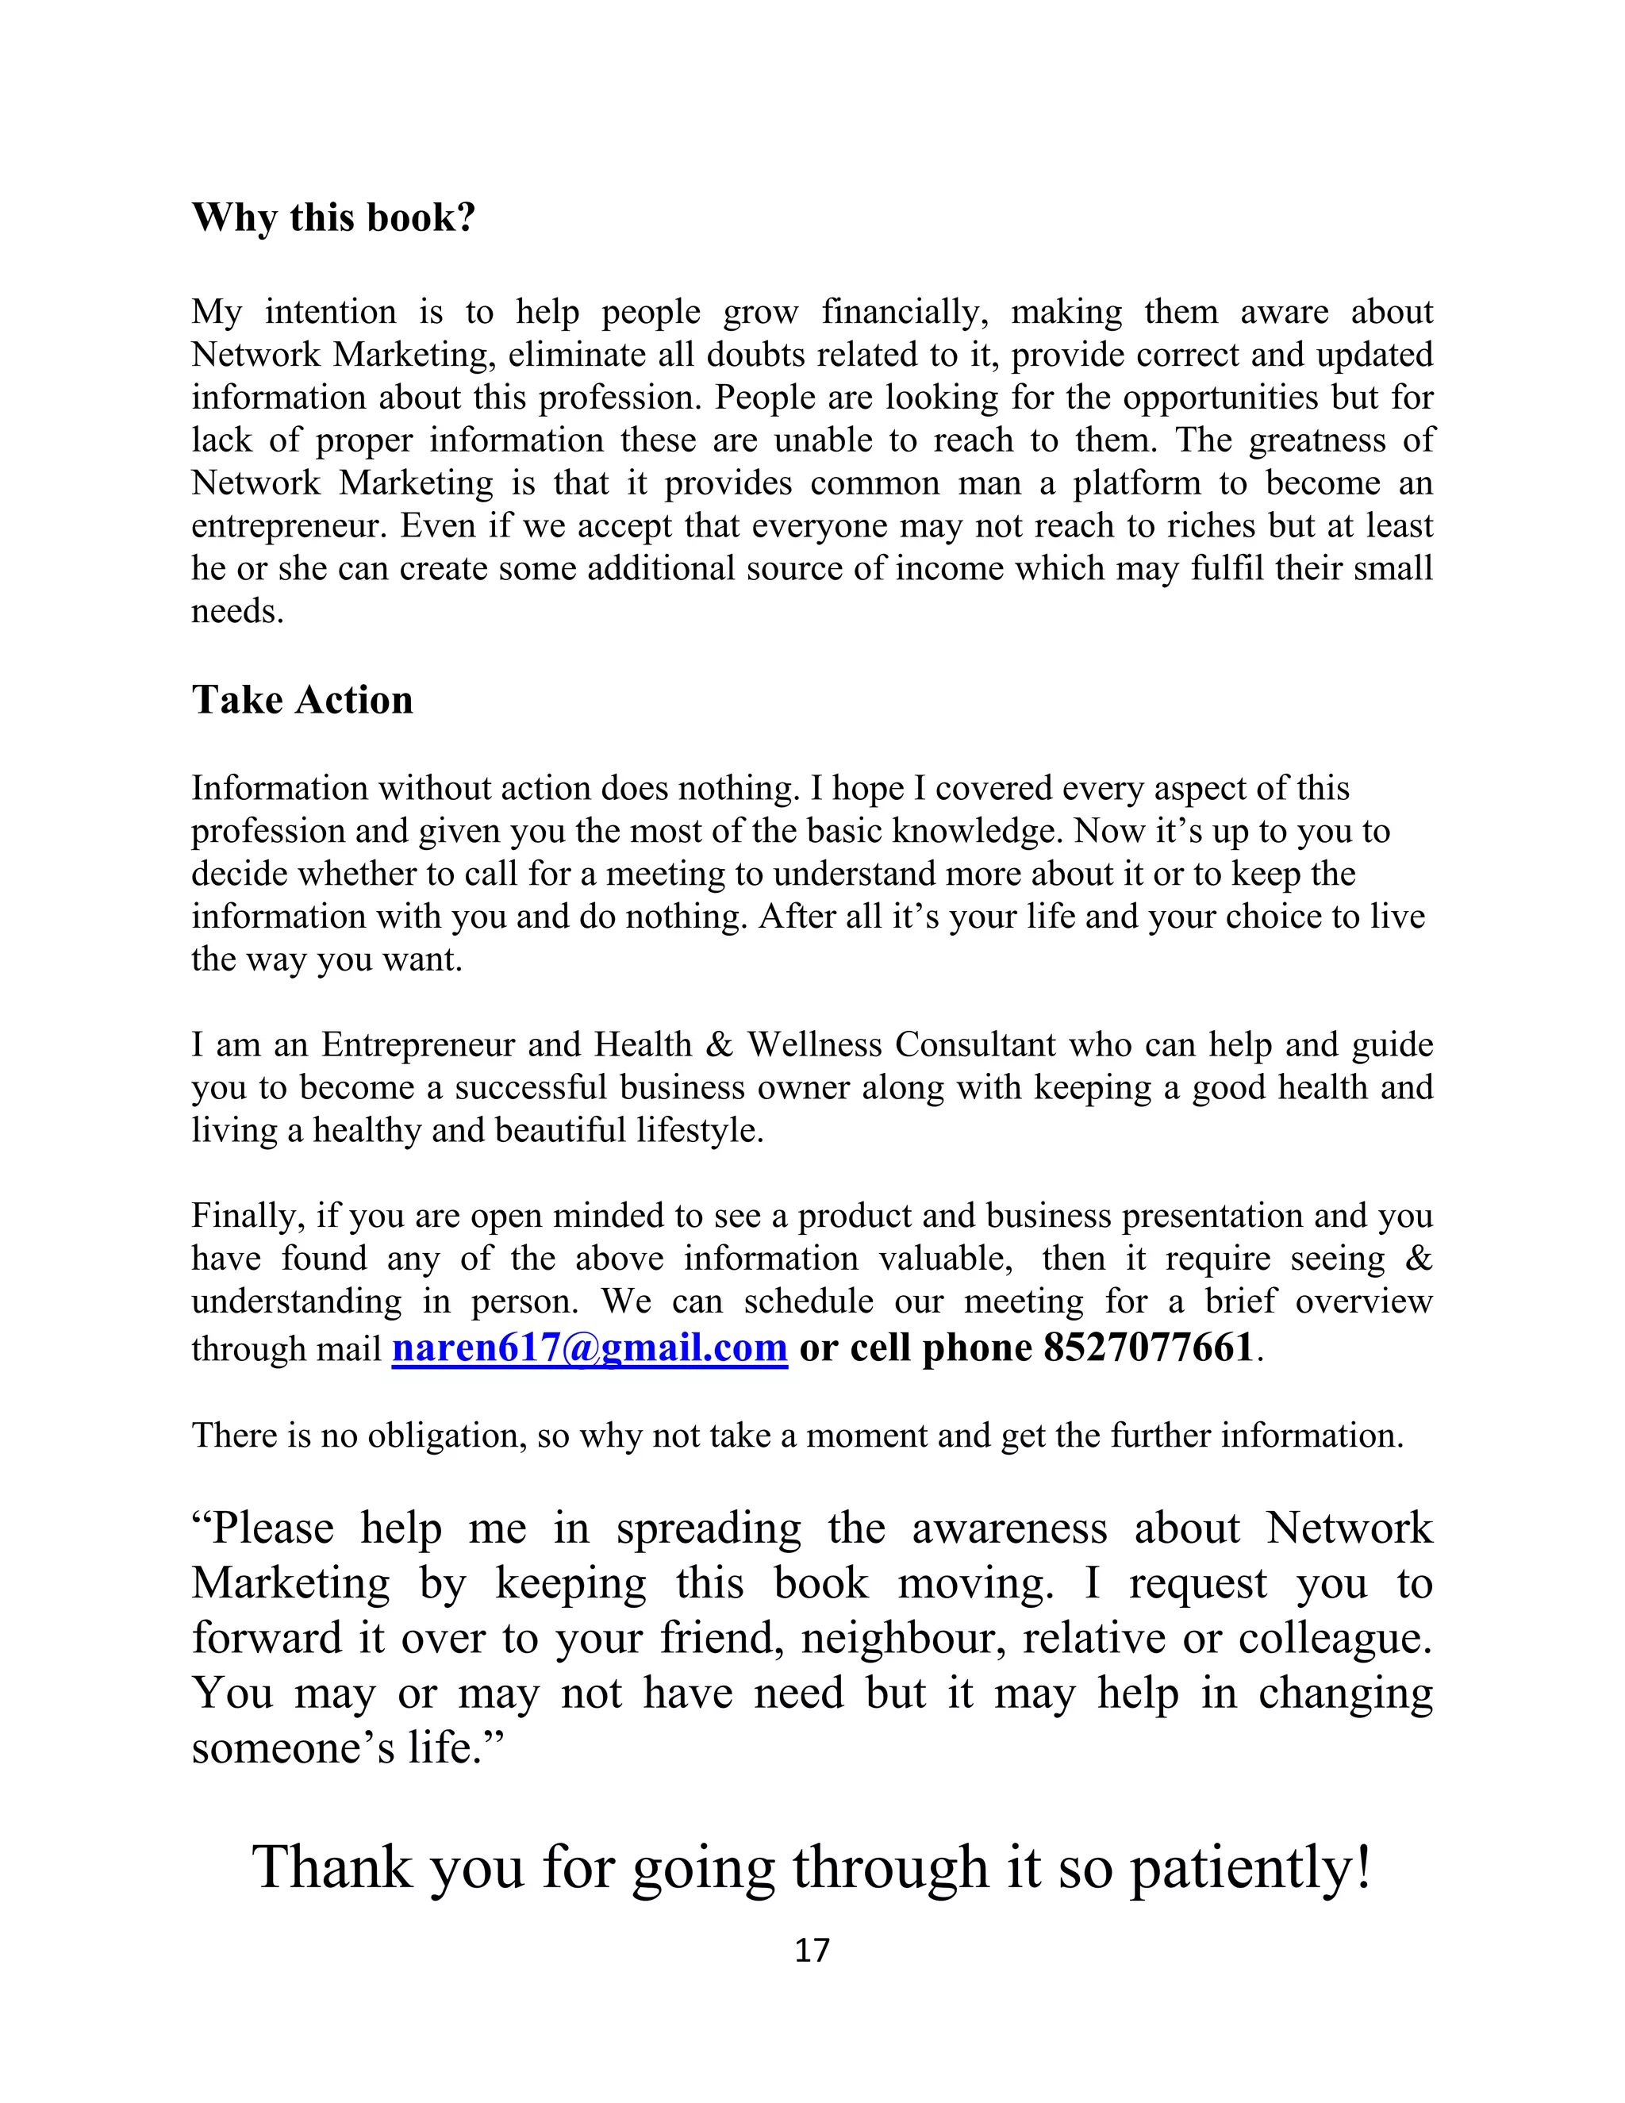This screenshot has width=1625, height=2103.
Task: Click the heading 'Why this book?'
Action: tap(333, 217)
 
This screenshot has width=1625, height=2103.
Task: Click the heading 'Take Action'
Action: tap(302, 700)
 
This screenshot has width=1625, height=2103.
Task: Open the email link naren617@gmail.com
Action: tap(590, 1348)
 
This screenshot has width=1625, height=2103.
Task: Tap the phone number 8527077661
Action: tap(1147, 1348)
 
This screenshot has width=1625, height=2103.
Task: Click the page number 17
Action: tap(812, 1950)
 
